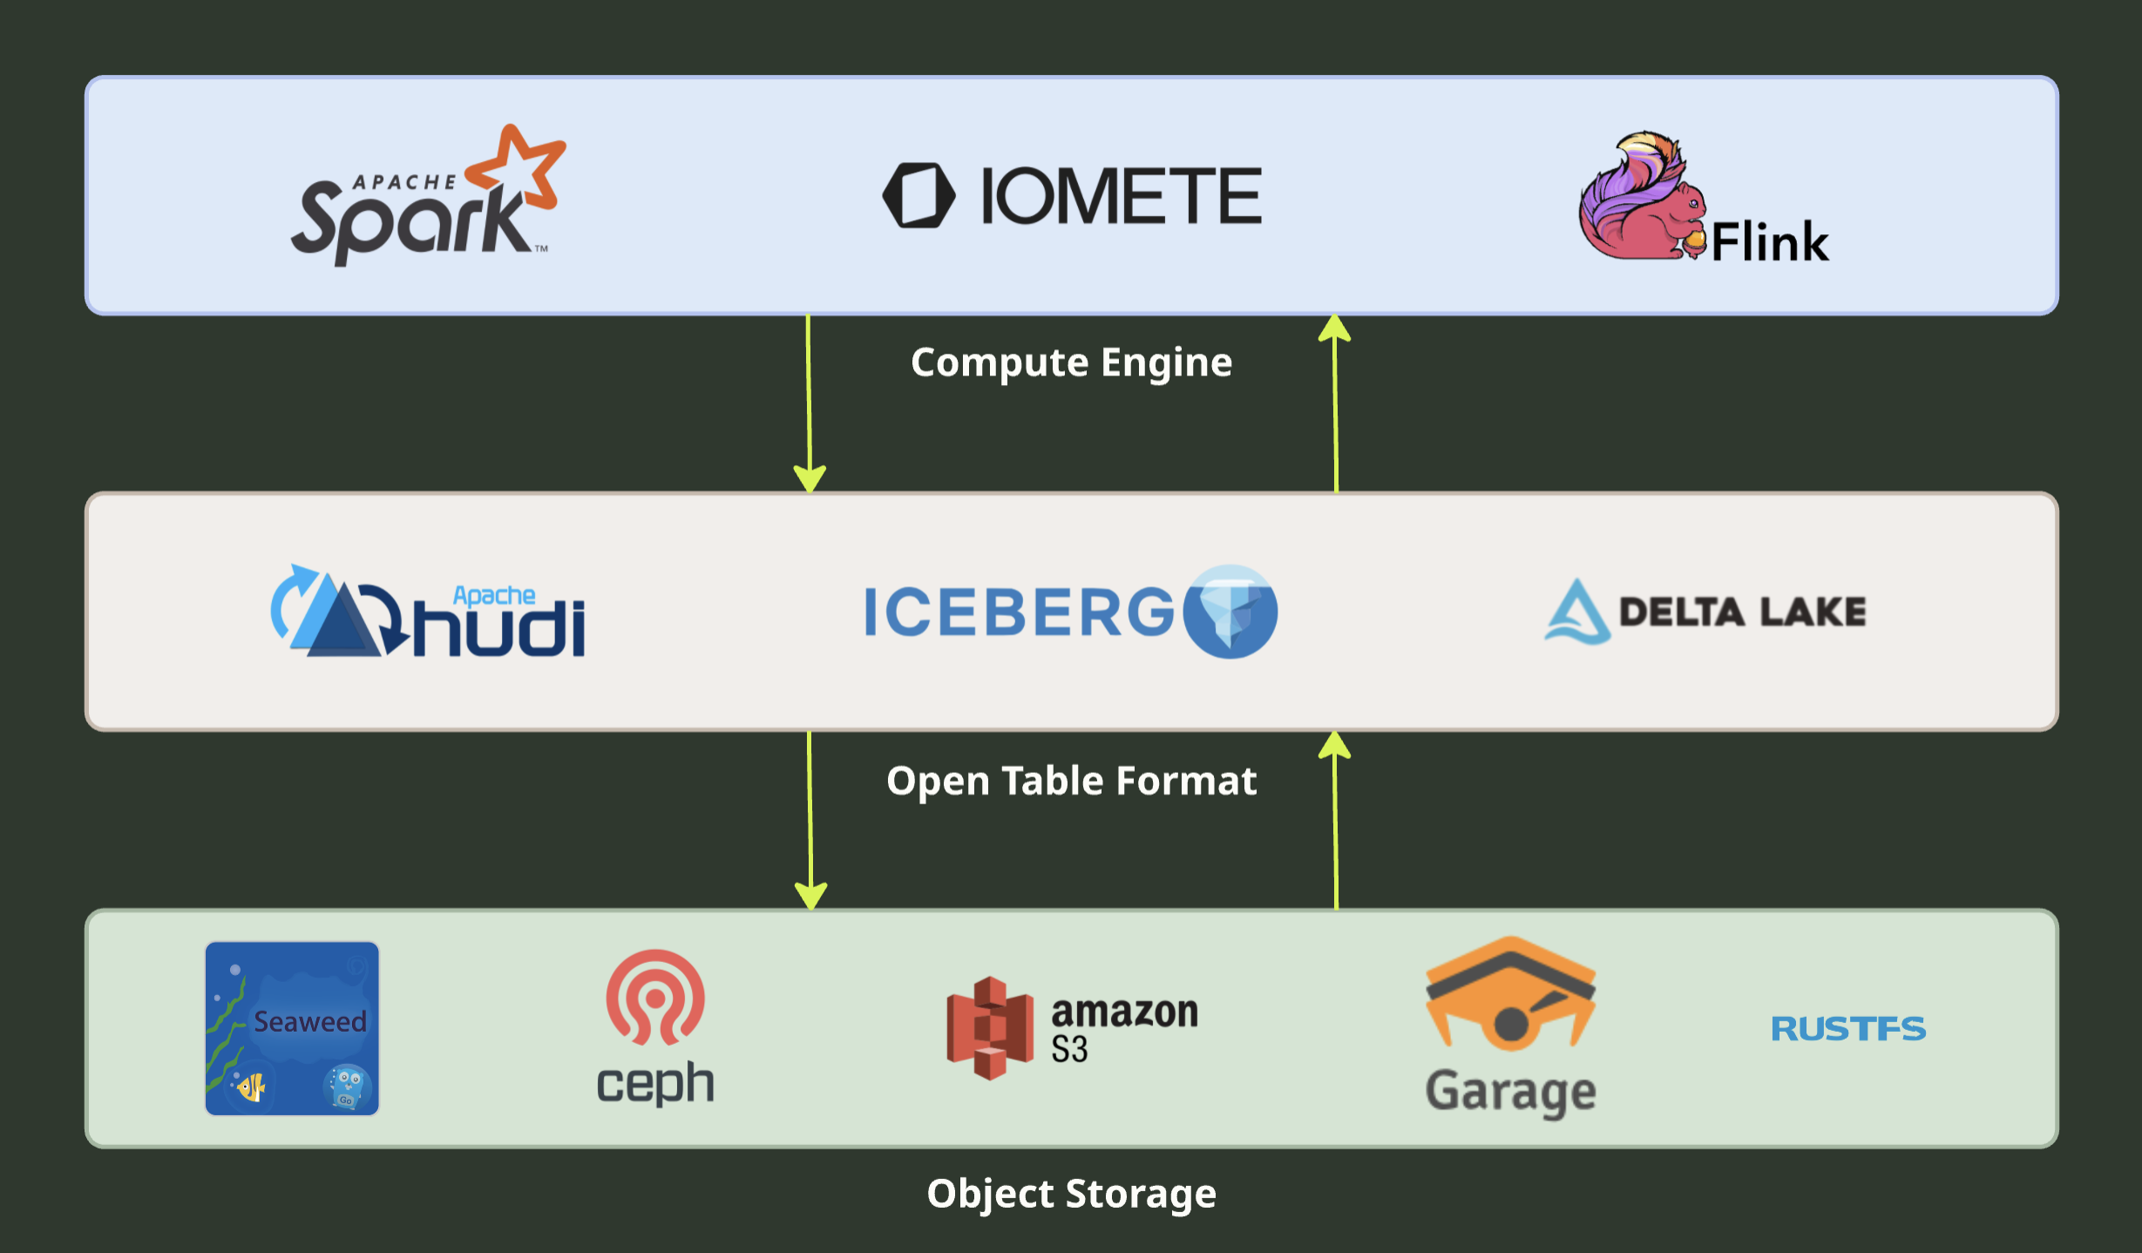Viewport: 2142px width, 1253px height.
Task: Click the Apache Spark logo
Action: pos(418,209)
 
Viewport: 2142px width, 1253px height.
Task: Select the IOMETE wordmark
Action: pos(1121,196)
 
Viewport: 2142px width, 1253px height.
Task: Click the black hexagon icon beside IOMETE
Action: pos(918,195)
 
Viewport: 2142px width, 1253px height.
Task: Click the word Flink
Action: pos(1769,242)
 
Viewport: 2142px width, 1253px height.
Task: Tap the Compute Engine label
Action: pos(1071,362)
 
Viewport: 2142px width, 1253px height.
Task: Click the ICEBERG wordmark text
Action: pos(1018,612)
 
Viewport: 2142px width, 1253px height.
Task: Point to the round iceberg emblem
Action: pos(1230,612)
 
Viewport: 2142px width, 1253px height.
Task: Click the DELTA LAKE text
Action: pos(1742,612)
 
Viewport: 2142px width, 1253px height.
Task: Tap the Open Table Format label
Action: pos(1071,781)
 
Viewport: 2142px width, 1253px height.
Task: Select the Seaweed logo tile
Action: pos(292,1028)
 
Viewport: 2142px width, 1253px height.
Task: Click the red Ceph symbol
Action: pos(655,997)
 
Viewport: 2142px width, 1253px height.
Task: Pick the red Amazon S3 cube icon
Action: pos(990,1028)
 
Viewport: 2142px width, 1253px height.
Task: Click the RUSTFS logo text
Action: pos(1847,1029)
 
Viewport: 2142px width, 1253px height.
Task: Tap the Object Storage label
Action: pos(1071,1194)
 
